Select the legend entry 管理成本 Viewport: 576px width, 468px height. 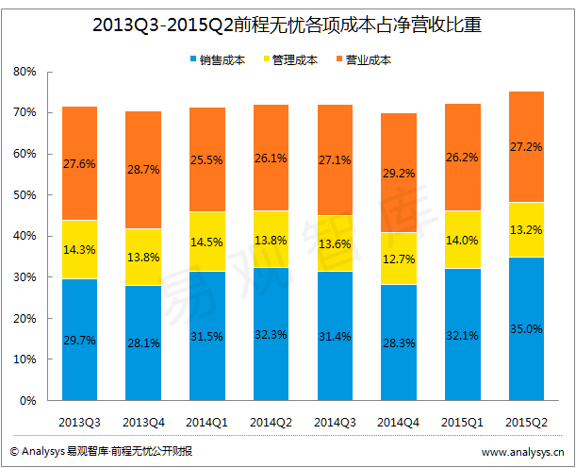pyautogui.click(x=295, y=59)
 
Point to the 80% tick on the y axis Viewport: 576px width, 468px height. pyautogui.click(x=25, y=72)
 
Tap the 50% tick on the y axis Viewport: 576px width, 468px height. pyautogui.click(x=25, y=195)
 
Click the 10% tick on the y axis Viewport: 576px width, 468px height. pyautogui.click(x=25, y=359)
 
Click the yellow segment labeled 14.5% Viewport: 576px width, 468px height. pyautogui.click(x=206, y=242)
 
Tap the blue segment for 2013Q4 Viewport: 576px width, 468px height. pyautogui.click(x=143, y=343)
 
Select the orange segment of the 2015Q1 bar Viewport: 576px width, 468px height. pyautogui.click(x=462, y=157)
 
